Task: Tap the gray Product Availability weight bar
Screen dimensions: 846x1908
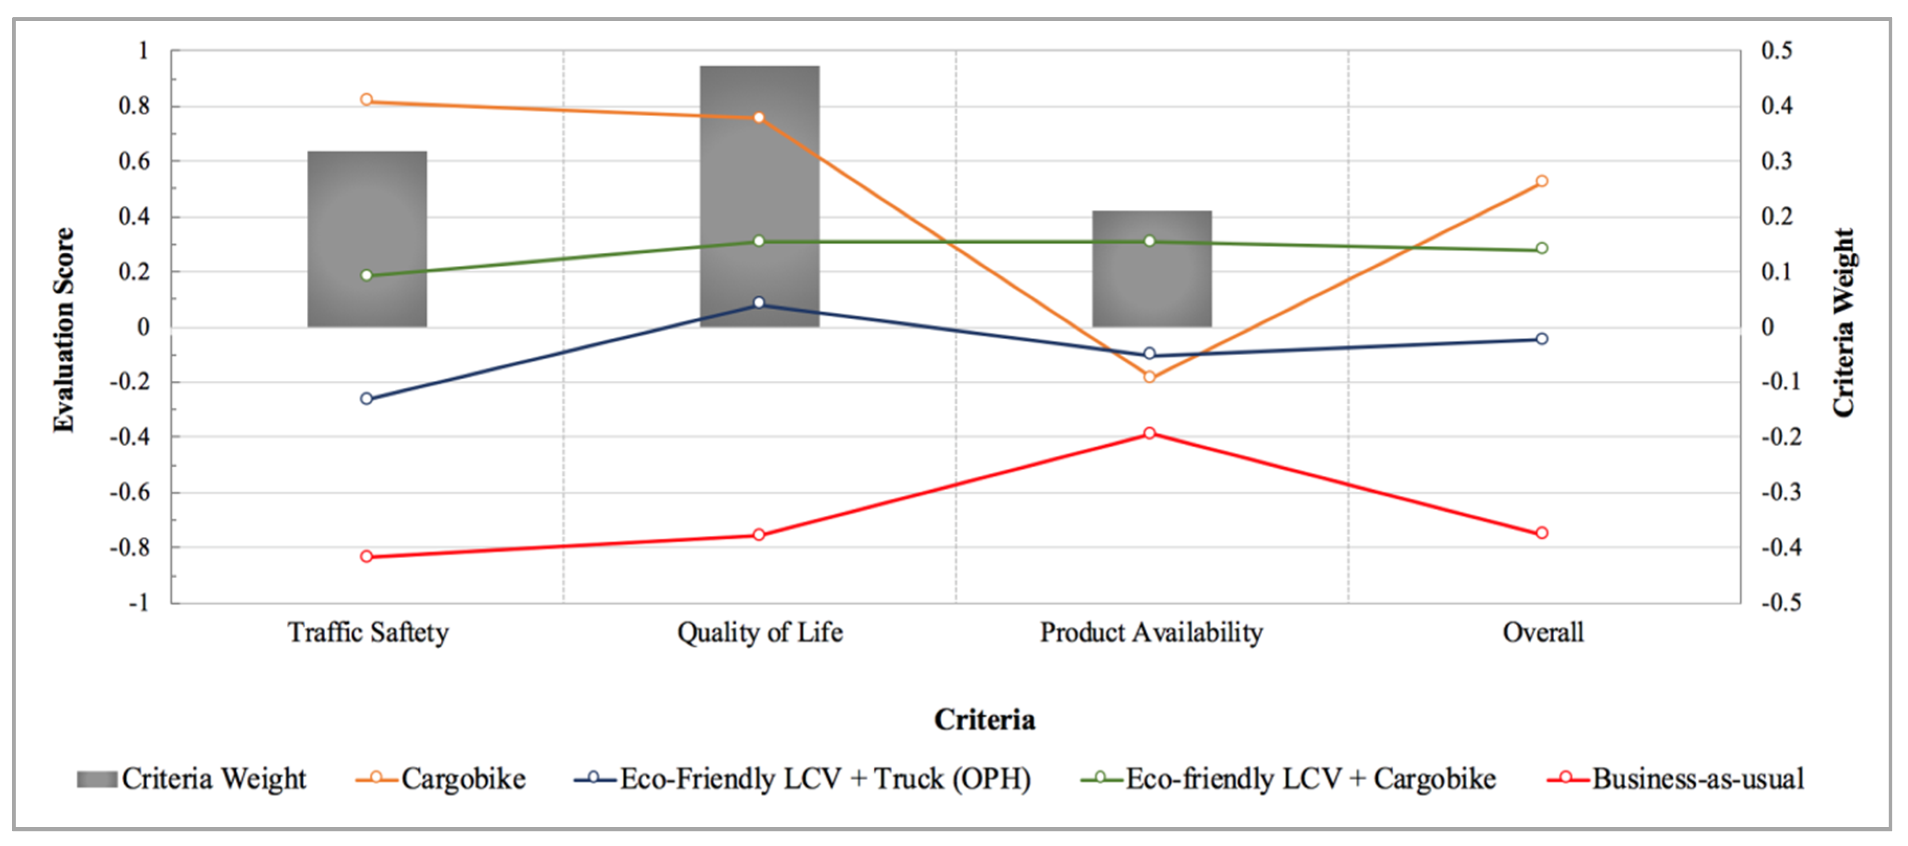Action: pos(1152,281)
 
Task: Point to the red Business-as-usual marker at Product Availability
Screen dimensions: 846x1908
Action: pos(1149,433)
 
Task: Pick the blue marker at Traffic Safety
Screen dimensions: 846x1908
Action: pos(367,399)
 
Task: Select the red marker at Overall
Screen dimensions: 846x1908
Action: pos(1541,533)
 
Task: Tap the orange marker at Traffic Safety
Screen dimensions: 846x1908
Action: pos(367,100)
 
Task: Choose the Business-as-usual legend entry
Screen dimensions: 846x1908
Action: pos(1675,779)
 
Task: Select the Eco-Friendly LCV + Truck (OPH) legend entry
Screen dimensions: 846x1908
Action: pos(803,779)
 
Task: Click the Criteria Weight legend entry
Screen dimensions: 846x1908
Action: pos(192,779)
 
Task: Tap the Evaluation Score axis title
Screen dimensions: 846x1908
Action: pos(64,330)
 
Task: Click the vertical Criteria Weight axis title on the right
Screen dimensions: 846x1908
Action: pos(1843,322)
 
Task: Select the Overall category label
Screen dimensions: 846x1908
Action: pos(1543,633)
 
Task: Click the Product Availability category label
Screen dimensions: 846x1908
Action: pos(1151,633)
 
